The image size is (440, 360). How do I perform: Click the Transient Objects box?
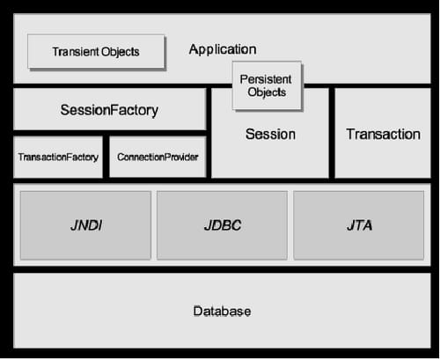[x=96, y=52]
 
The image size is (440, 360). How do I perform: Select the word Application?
[x=223, y=49]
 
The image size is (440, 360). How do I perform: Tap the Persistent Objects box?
[x=267, y=85]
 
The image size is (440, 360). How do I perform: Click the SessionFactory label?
[x=109, y=110]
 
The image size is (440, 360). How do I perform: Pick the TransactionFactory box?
[x=58, y=157]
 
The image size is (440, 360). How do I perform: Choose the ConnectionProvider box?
[x=158, y=157]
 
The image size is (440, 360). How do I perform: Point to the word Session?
[x=270, y=135]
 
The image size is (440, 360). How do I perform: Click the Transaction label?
[x=383, y=135]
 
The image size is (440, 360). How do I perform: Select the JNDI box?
[x=85, y=225]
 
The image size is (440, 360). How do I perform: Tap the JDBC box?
[x=222, y=225]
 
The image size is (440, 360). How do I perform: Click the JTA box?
[x=359, y=225]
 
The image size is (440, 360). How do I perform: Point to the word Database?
[x=222, y=312]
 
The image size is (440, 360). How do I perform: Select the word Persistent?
[x=266, y=79]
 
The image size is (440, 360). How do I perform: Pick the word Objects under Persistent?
[x=267, y=92]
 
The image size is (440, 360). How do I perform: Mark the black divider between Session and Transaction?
[x=332, y=133]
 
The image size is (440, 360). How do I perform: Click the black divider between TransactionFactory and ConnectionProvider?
[x=106, y=157]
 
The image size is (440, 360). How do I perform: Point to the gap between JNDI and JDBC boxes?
[x=154, y=225]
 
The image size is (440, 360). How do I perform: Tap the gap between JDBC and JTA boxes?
[x=290, y=225]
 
